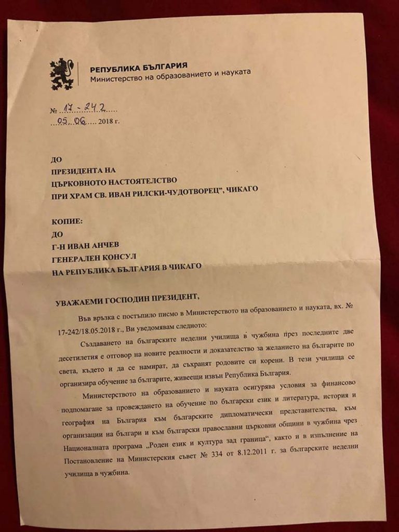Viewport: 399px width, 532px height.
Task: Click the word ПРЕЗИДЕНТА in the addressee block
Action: (78, 169)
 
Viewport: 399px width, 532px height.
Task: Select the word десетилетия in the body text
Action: (80, 357)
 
